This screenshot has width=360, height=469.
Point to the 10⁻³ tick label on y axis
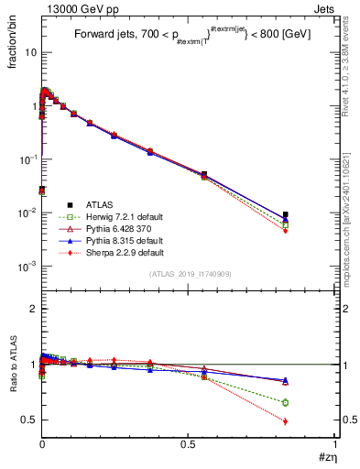click(x=27, y=267)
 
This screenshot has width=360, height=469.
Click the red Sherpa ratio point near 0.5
click(x=286, y=421)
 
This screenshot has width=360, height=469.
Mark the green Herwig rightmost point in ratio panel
click(x=286, y=403)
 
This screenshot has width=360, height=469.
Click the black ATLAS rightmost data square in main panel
click(x=286, y=214)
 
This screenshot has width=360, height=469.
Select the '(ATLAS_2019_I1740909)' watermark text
click(x=189, y=274)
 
